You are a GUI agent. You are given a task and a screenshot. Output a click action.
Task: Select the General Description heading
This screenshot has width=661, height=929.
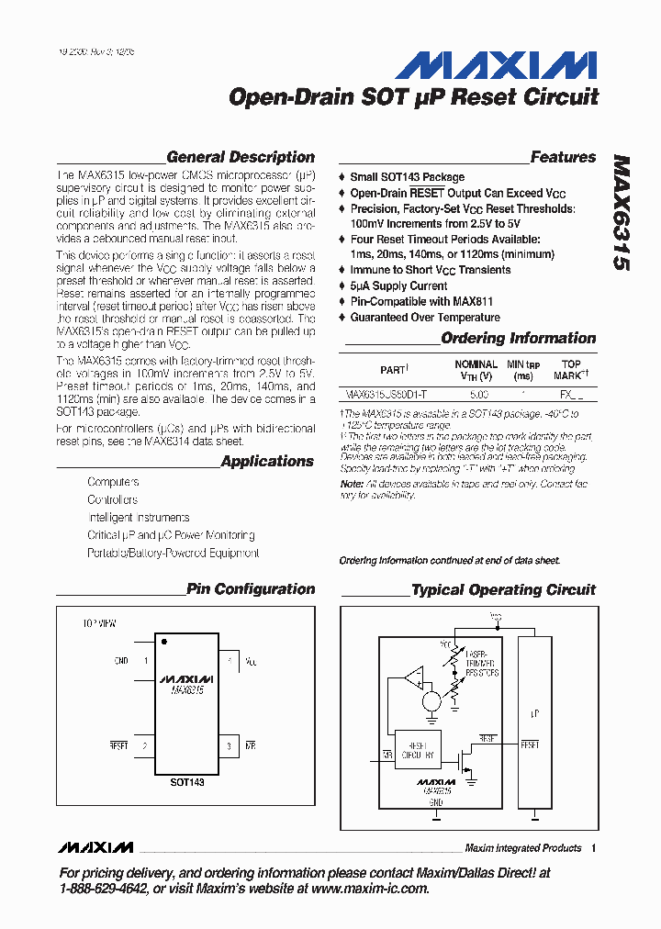click(x=241, y=157)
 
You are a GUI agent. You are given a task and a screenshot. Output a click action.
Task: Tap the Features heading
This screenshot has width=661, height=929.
click(x=563, y=157)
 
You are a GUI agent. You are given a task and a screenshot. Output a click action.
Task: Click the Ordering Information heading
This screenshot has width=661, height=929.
click(x=519, y=338)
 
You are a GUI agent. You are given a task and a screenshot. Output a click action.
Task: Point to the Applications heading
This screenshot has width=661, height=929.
click(x=267, y=461)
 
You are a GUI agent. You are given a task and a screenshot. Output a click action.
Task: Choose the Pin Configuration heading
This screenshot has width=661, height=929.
click(x=251, y=589)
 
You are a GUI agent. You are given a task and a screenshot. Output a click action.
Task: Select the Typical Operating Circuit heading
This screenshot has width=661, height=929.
click(x=503, y=589)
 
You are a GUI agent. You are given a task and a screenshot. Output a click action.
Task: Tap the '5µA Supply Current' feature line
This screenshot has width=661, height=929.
click(x=398, y=285)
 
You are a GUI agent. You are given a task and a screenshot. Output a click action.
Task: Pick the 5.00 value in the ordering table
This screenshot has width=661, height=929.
click(x=478, y=394)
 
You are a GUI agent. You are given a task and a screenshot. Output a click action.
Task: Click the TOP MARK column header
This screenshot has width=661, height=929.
click(x=570, y=370)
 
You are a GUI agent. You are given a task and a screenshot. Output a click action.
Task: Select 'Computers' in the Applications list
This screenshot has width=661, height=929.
click(x=113, y=482)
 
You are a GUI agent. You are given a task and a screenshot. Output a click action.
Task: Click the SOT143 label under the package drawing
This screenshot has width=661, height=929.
click(x=187, y=782)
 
